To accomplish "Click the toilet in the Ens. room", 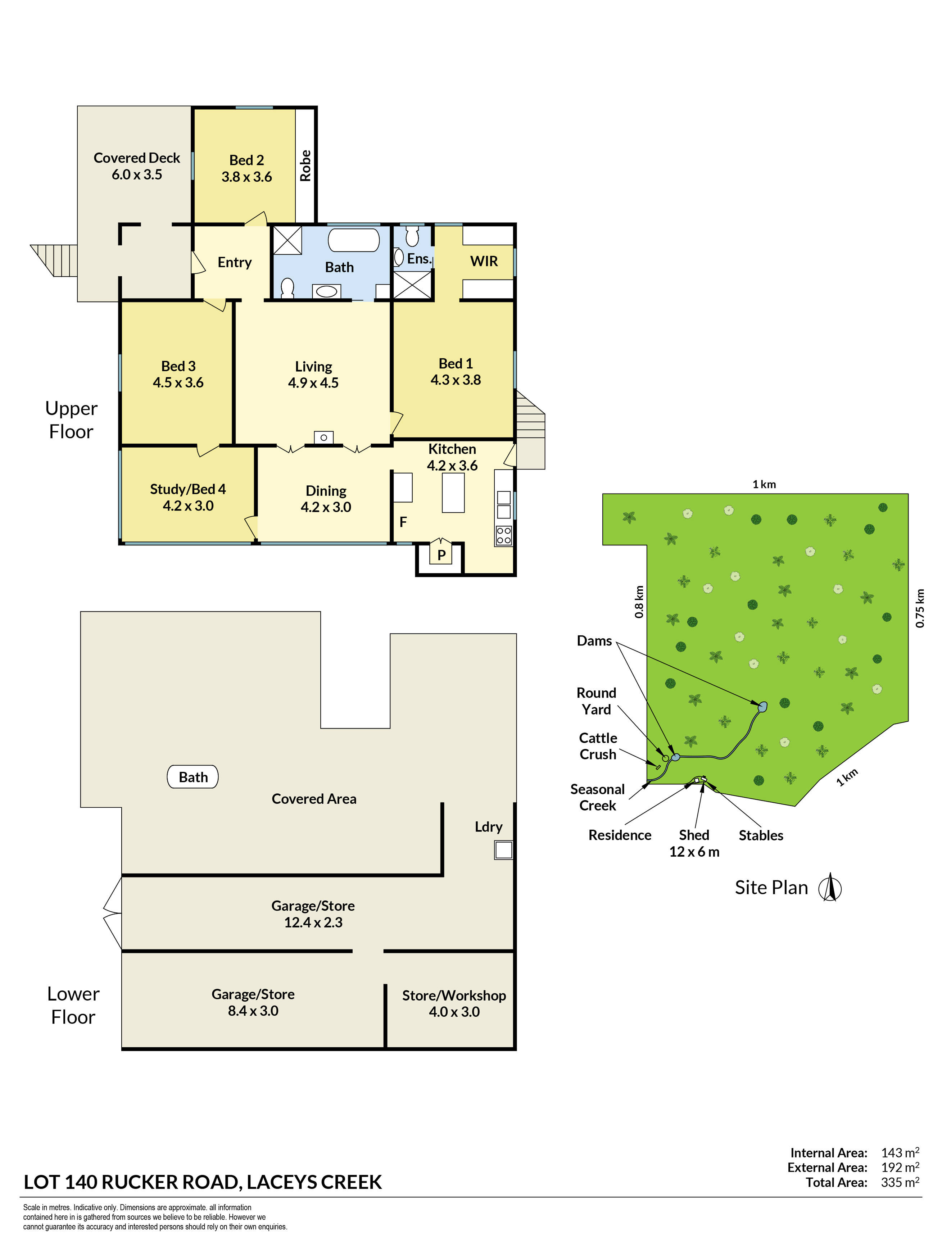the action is pyautogui.click(x=413, y=236).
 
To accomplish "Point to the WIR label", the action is pyautogui.click(x=484, y=261).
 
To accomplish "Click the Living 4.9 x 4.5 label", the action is pyautogui.click(x=313, y=375).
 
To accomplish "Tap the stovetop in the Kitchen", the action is pyautogui.click(x=504, y=535).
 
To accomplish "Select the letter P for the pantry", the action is pyautogui.click(x=441, y=555).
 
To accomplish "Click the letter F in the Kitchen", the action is pyautogui.click(x=403, y=522).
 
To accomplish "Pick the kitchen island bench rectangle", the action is pyautogui.click(x=453, y=493).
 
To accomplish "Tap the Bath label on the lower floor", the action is pyautogui.click(x=193, y=777).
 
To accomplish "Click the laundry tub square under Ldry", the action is pyautogui.click(x=503, y=850).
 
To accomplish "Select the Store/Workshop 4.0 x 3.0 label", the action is pyautogui.click(x=454, y=1003).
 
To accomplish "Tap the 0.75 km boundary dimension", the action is pyautogui.click(x=920, y=608).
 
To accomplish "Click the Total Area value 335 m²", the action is pyautogui.click(x=900, y=1182).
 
